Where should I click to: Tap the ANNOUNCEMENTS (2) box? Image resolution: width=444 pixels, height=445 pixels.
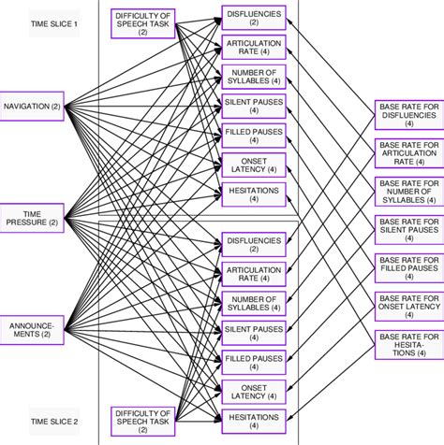click(x=34, y=329)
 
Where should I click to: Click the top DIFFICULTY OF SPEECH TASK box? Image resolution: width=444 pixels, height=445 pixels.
click(x=142, y=23)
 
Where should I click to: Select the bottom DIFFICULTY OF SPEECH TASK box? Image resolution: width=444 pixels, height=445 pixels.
click(x=142, y=420)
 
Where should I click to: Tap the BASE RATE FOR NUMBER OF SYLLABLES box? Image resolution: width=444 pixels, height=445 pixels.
click(x=407, y=190)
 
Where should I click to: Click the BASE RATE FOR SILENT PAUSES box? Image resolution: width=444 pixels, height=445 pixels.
click(x=407, y=228)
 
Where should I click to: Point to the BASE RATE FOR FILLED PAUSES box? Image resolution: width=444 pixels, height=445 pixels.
click(x=407, y=265)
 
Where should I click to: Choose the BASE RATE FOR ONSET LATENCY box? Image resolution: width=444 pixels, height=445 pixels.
click(x=407, y=302)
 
